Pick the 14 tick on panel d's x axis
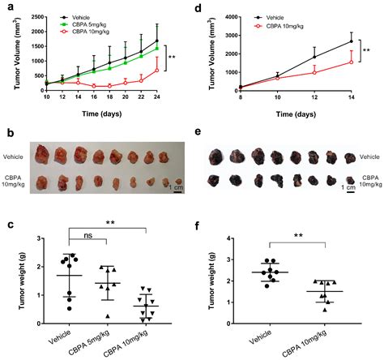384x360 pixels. tap(351, 97)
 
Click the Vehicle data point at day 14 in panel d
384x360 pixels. tap(351, 41)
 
